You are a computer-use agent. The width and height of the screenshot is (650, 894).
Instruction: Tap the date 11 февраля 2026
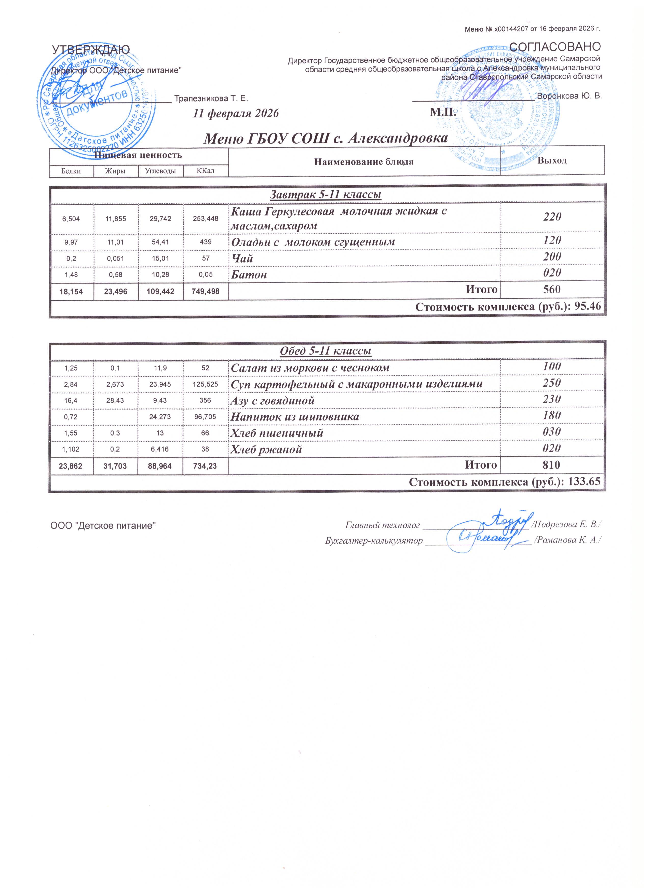[236, 114]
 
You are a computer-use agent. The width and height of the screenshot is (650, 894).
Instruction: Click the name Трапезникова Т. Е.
[211, 98]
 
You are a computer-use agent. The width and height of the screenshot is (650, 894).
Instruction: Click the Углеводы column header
[160, 171]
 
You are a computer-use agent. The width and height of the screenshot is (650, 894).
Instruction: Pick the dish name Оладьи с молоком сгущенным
[313, 242]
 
